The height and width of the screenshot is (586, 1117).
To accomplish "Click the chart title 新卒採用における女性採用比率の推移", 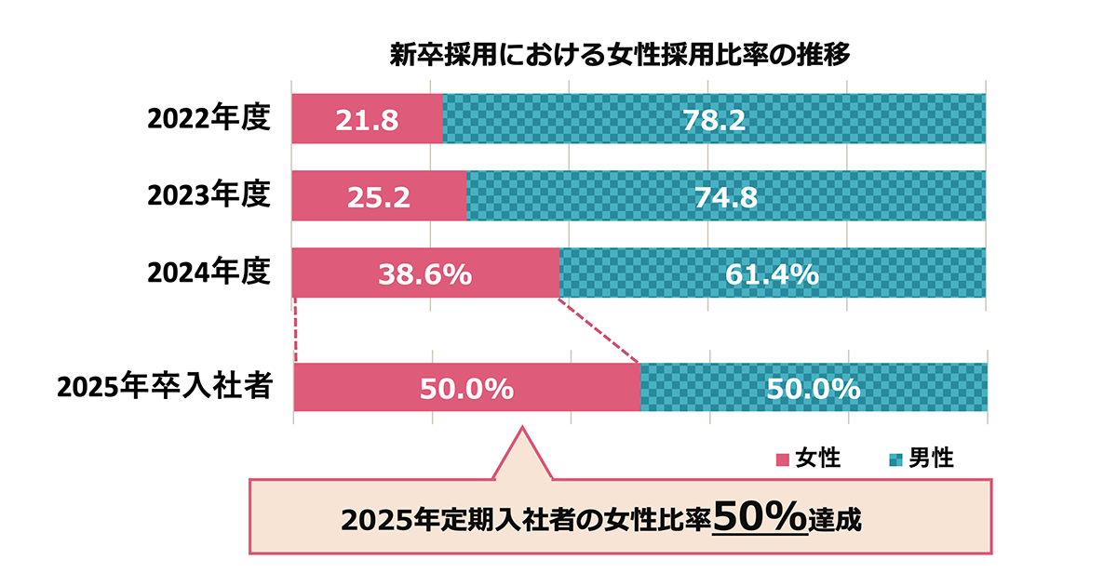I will (x=620, y=55).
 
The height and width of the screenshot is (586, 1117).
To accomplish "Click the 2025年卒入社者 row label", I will (x=165, y=387).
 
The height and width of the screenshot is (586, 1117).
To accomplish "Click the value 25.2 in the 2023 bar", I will (x=378, y=197).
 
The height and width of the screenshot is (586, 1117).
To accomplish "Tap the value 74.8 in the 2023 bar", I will (x=726, y=197).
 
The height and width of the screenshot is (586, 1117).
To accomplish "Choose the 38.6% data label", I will (x=424, y=274).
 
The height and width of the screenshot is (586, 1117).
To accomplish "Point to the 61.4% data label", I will (x=772, y=274).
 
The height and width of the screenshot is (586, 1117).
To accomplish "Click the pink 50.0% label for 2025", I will (x=466, y=389).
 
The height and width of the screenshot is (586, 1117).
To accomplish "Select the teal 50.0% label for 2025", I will (x=813, y=389).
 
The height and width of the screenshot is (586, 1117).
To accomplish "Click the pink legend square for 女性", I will (x=782, y=459).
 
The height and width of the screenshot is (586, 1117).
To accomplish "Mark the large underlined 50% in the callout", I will (x=760, y=517).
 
